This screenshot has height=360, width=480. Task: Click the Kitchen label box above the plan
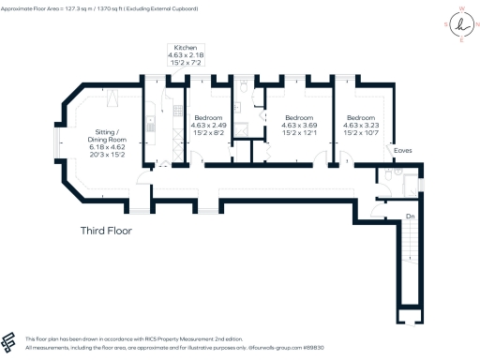point(183,58)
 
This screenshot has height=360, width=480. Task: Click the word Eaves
point(404,149)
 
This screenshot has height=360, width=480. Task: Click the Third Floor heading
point(105,231)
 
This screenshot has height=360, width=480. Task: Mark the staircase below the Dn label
point(410,258)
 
